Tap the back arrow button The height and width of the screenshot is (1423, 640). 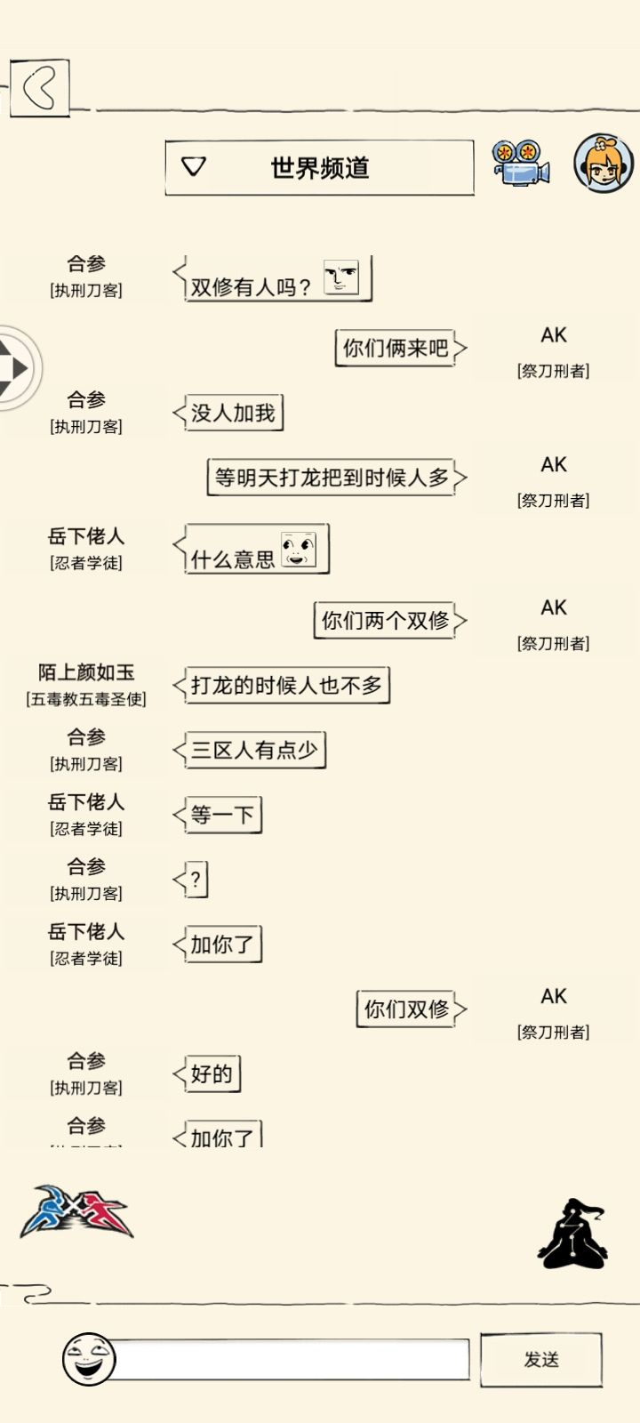coord(39,88)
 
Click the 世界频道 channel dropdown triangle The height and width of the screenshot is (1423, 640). coord(194,166)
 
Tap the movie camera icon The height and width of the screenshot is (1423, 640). coord(521,163)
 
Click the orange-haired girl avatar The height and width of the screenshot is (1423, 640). coord(604,163)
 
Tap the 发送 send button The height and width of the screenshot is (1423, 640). coord(541,1359)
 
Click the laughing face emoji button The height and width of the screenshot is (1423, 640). coord(89,1359)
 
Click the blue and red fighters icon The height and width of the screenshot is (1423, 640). coord(76,1210)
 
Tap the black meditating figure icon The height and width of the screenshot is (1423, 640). coord(572,1234)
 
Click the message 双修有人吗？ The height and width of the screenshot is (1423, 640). coord(251,287)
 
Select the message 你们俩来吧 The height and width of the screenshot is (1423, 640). coord(396,348)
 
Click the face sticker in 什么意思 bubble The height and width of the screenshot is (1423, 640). coord(299,549)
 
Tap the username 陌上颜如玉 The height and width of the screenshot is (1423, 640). coord(86,672)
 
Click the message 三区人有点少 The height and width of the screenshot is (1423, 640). coord(255,751)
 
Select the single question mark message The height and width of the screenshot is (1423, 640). coord(196,880)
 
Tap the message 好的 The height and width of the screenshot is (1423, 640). coord(212,1074)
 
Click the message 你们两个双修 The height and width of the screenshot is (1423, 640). coord(385,620)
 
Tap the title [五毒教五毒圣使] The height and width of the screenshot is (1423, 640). coord(86,699)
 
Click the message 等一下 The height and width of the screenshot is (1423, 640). coord(223,815)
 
